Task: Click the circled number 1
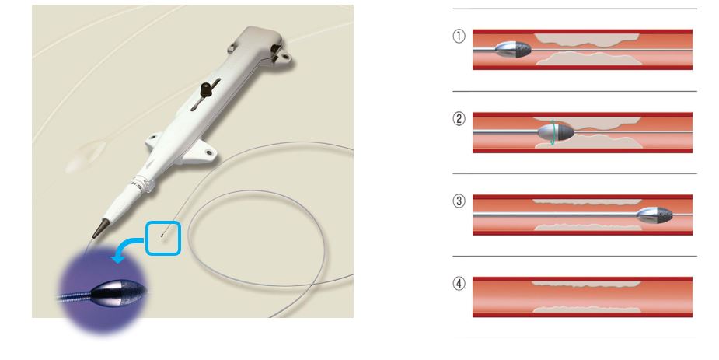pos(459,37)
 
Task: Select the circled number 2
pos(459,119)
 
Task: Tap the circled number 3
pos(459,201)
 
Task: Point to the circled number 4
pos(459,284)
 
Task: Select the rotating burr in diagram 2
pos(555,132)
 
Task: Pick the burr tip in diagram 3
pos(654,215)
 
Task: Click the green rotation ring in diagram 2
pos(554,132)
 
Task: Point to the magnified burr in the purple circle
pos(118,292)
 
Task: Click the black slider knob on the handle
pos(208,89)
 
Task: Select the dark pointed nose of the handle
pos(101,229)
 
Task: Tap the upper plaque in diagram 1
pos(586,40)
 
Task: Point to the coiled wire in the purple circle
pos(75,297)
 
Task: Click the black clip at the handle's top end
pos(277,50)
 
